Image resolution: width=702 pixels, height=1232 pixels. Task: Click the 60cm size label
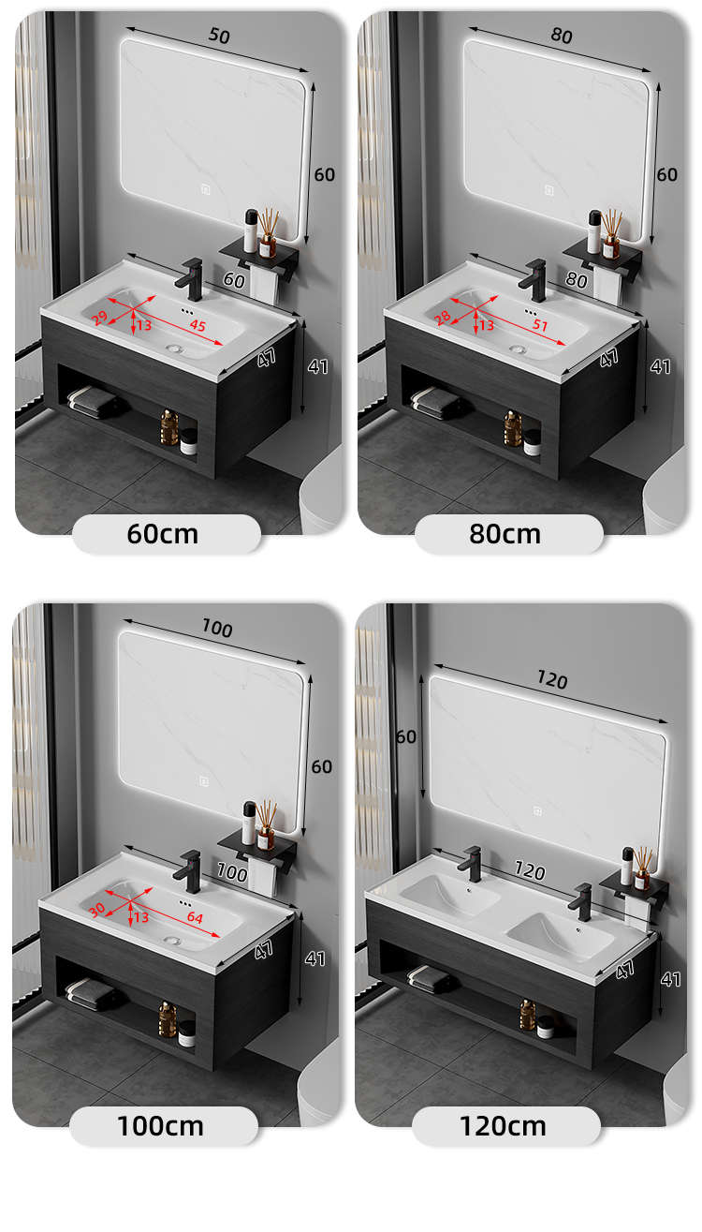coord(163,533)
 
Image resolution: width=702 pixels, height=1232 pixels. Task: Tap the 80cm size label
coord(505,533)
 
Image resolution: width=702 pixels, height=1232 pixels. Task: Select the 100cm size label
coord(160,1126)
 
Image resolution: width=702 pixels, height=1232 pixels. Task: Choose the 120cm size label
coord(504,1126)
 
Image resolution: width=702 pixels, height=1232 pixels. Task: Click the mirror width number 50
coord(219,36)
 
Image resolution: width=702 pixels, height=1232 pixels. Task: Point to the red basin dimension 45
coord(197,325)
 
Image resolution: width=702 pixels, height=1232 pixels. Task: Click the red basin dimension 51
coord(540,325)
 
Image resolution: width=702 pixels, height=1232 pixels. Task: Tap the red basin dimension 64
coord(195,917)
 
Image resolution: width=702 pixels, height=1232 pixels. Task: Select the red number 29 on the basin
coord(99,318)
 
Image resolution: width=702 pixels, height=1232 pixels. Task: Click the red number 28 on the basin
coord(442,318)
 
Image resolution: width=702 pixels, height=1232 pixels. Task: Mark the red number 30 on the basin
coord(96,911)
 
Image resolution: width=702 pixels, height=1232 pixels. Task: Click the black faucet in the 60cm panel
coord(190,279)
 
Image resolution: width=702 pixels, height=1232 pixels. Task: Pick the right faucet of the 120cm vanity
coord(581,901)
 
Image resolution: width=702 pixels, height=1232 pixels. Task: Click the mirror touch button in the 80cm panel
coord(548,190)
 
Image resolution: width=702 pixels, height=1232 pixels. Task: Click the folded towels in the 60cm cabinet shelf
coord(92,402)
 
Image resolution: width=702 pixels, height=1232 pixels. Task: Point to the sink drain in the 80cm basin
coord(518,349)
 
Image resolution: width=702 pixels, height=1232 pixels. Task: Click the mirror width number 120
coord(552,680)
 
